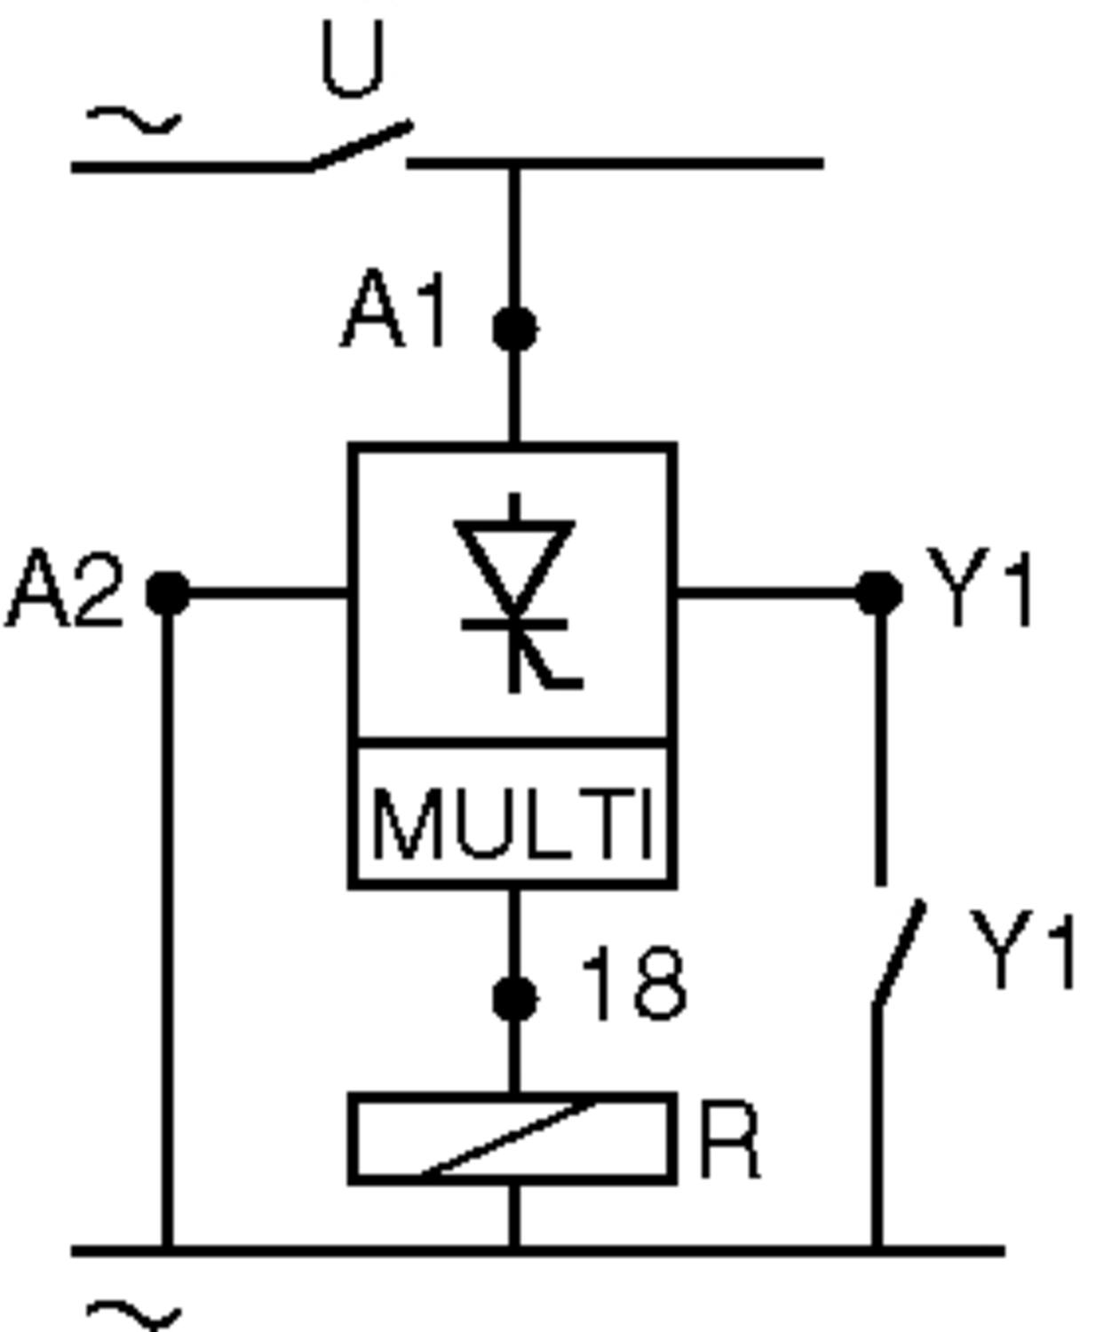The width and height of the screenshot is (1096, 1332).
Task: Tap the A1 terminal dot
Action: [514, 328]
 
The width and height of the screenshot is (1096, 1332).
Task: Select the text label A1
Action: [393, 311]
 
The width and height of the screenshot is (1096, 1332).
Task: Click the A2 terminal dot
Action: [167, 592]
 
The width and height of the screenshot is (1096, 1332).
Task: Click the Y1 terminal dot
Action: [879, 592]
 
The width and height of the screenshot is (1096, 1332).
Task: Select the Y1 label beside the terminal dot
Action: [980, 588]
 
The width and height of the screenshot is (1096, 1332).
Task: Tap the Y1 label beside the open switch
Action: [1021, 948]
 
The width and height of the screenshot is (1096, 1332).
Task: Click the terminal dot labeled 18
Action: [514, 998]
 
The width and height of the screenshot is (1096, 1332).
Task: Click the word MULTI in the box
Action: [512, 823]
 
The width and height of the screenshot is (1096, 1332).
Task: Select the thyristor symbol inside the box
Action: [515, 591]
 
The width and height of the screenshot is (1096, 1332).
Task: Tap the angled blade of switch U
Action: [360, 146]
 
